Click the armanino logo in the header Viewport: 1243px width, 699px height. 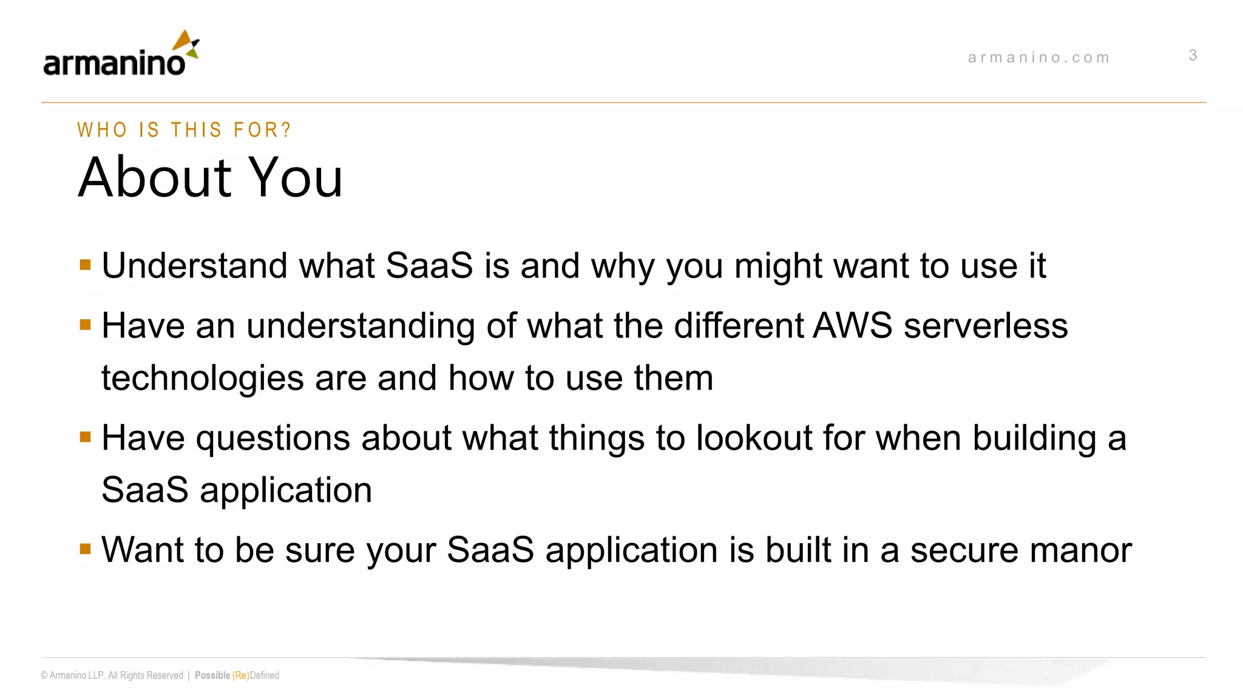(121, 55)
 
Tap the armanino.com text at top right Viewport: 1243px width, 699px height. (1038, 58)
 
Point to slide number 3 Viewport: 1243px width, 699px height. (1193, 55)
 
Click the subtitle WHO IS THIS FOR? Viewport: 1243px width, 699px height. (184, 130)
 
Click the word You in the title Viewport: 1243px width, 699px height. (296, 177)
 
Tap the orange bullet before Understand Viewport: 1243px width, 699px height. (85, 265)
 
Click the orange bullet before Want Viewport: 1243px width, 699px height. (85, 549)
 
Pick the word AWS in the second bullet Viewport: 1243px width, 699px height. (852, 326)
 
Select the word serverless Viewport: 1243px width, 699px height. (986, 326)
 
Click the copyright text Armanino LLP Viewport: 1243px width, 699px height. (77, 675)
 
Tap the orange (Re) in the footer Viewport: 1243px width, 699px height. (240, 675)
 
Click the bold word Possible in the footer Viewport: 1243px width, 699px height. (212, 675)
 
